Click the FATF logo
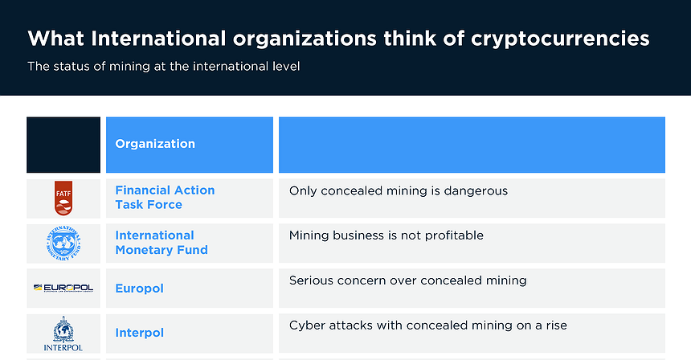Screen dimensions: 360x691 (63, 198)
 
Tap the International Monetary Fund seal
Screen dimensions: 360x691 (63, 243)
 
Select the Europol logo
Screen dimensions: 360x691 (63, 288)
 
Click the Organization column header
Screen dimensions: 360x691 (155, 144)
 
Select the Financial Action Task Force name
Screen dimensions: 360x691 (165, 198)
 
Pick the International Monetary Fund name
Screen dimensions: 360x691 (162, 243)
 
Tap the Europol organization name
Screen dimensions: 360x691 (139, 288)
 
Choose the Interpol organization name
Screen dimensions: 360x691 (139, 333)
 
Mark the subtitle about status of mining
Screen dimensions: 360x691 (164, 67)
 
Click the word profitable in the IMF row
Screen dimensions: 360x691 (456, 236)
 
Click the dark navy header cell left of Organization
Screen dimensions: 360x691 (63, 145)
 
